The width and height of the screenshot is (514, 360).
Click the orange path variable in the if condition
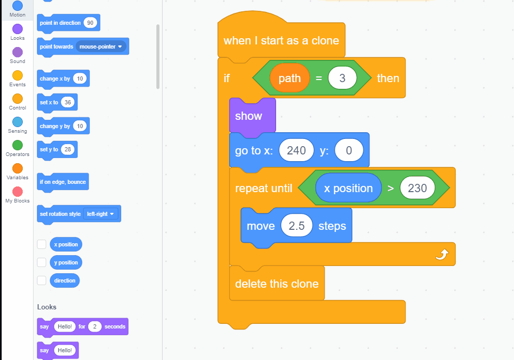(290, 78)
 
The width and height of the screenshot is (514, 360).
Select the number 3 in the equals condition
(342, 78)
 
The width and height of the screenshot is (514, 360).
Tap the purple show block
(249, 116)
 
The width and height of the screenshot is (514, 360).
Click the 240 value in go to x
(296, 150)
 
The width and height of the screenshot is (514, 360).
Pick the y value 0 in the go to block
(349, 150)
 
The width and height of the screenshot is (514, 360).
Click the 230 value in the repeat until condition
(417, 189)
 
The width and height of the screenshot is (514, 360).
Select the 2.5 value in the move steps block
(297, 226)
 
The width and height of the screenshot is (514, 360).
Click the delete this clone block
(277, 284)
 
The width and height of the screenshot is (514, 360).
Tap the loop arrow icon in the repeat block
(442, 254)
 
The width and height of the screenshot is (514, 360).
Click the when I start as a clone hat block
(281, 41)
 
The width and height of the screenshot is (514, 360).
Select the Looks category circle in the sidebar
(18, 29)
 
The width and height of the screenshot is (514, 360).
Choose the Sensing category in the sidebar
(18, 122)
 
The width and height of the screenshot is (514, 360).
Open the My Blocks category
(18, 192)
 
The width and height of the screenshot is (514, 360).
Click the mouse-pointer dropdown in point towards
(102, 46)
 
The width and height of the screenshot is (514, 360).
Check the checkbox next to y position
(42, 262)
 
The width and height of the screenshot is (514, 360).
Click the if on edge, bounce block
(63, 182)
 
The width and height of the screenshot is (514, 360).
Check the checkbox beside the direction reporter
(42, 280)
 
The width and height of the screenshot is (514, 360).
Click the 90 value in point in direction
(91, 23)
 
